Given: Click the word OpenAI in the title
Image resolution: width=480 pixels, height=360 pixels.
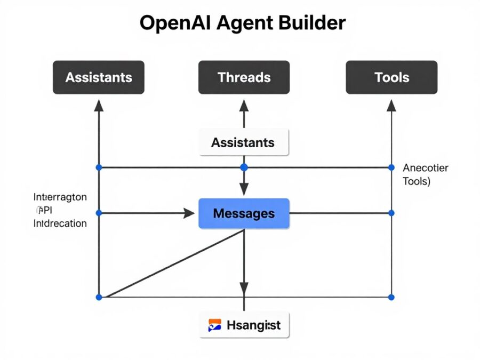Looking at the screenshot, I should [173, 24].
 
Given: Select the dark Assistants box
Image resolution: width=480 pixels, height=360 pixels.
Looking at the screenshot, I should [99, 77].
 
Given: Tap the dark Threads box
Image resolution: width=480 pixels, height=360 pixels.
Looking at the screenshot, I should [244, 77].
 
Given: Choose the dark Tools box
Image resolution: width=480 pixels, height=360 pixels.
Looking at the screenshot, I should [391, 77].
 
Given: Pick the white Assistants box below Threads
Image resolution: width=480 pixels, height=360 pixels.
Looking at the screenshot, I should [244, 142].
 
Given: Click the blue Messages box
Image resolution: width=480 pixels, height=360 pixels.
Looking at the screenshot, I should [244, 213].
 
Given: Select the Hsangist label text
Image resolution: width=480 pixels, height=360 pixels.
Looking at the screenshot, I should [253, 324].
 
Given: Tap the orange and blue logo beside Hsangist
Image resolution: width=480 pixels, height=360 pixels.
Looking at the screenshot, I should [214, 324].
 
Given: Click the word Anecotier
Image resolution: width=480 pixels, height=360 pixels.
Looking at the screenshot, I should [425, 168].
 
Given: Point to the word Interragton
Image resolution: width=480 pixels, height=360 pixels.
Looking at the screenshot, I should [60, 197].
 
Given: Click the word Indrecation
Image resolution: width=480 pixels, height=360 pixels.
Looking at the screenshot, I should [60, 223].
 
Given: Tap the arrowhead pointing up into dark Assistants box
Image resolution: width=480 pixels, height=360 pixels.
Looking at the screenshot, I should [99, 105].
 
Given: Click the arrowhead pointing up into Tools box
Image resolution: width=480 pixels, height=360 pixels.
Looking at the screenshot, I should [391, 105].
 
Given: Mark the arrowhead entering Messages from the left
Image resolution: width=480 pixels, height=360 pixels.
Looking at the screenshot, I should [189, 213].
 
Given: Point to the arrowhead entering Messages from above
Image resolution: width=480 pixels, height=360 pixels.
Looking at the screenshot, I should [244, 189].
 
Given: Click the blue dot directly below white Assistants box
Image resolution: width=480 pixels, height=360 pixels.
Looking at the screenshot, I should [244, 167].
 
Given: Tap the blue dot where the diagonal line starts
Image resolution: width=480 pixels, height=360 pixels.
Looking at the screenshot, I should [99, 297].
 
